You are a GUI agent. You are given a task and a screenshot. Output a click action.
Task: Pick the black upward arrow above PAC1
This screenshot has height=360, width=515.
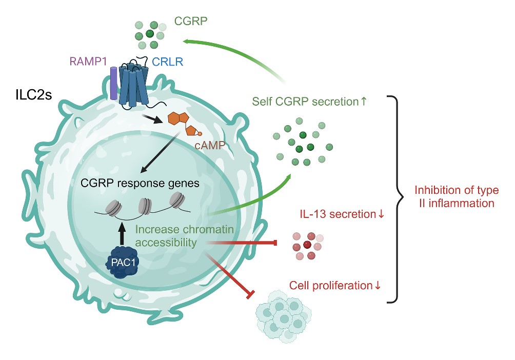(122, 232)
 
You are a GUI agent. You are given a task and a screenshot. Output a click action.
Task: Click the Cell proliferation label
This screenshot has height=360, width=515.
(335, 285)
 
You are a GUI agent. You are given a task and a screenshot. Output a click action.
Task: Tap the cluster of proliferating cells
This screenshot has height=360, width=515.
(283, 314)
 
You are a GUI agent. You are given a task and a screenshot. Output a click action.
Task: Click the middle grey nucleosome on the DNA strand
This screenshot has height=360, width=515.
(145, 206)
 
